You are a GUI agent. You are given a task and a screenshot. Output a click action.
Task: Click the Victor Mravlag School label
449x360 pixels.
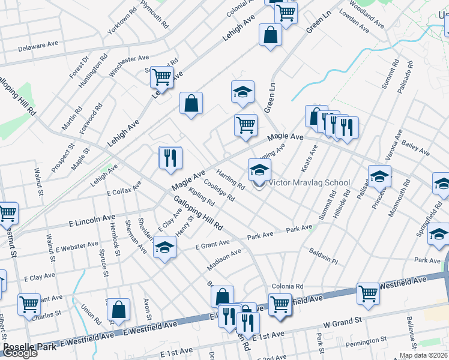point(309,182)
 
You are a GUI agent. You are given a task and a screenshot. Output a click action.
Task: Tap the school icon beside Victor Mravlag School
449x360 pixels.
point(260,169)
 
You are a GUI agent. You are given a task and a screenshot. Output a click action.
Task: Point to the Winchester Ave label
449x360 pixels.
point(128,66)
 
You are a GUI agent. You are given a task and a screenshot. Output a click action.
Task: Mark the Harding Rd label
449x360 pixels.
point(231,178)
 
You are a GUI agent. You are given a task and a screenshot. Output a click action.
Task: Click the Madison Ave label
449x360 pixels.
point(223,260)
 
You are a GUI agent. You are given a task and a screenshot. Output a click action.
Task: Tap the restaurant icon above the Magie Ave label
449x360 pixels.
point(170,157)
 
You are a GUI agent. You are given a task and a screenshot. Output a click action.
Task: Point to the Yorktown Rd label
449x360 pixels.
point(118,23)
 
